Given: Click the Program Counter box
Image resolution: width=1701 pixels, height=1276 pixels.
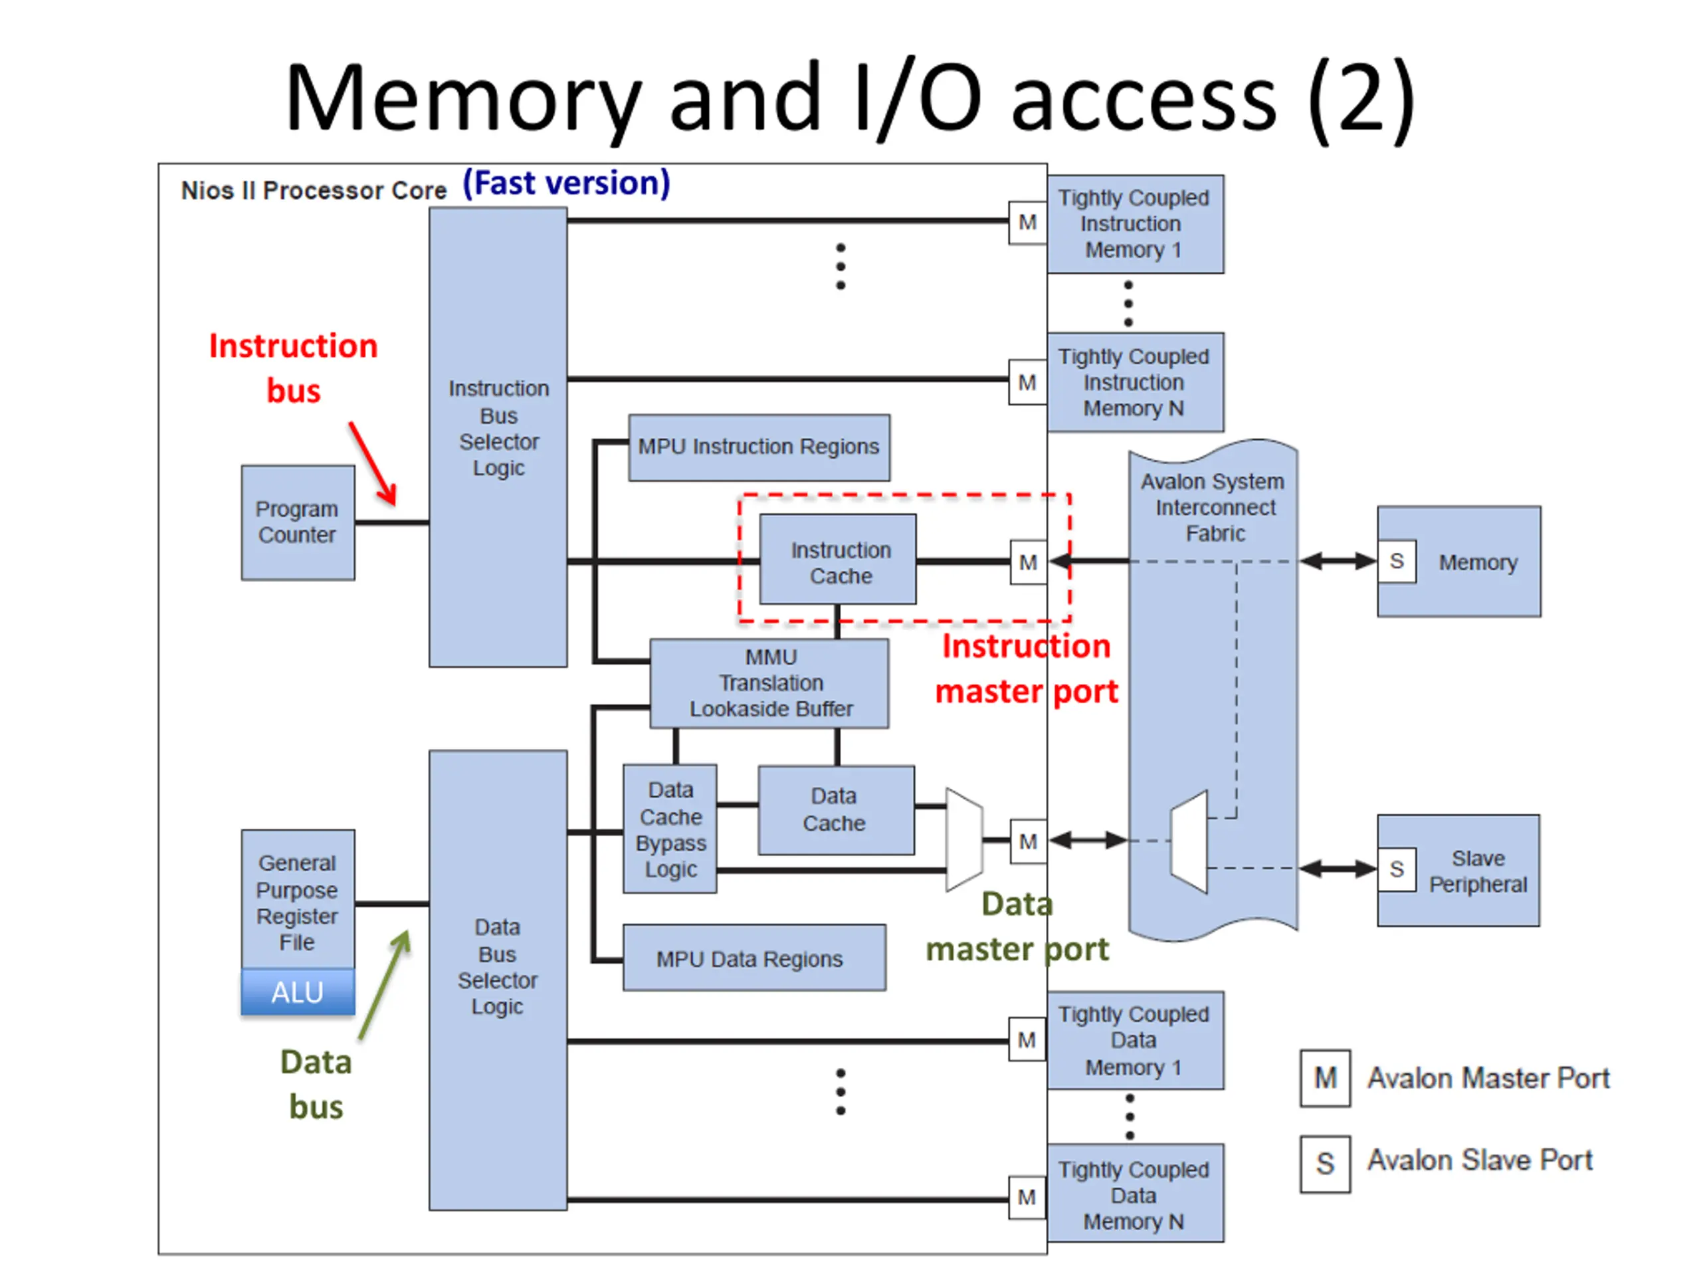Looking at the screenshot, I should pos(298,522).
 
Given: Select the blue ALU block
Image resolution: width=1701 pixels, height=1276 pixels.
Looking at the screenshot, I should pos(298,992).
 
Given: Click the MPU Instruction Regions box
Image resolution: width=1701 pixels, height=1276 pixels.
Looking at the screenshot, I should pos(759,447).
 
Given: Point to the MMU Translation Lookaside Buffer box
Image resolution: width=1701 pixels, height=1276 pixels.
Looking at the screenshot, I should pos(769,683).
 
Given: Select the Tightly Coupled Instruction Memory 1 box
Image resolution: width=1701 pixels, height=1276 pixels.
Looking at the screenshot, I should pos(1135,224).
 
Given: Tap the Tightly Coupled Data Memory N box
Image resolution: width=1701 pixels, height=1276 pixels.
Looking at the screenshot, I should pos(1135,1194).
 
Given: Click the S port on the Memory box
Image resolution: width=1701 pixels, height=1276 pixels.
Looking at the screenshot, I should pos(1397,562).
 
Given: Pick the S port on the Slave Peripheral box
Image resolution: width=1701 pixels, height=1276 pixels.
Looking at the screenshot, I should pos(1397,870).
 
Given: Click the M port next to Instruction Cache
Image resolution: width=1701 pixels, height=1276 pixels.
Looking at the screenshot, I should pos(1028,562).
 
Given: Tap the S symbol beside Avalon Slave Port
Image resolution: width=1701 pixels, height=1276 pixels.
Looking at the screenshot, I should pos(1325,1164).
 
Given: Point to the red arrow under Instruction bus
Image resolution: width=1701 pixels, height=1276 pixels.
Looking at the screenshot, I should pos(373,464).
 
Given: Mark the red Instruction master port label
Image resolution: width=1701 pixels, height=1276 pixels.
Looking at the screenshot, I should pos(1026,669).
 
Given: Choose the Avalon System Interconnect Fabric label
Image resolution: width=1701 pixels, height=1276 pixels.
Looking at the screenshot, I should pos(1213,507).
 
